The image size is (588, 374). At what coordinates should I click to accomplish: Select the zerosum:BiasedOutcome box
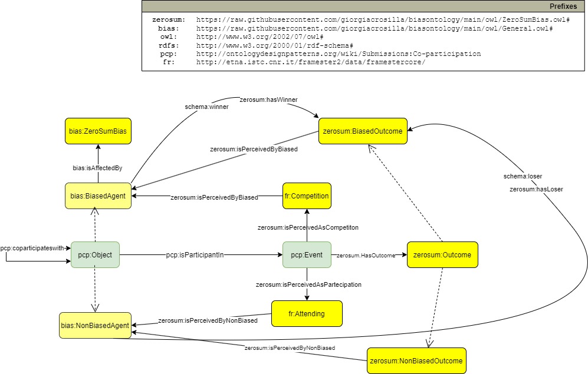click(363, 132)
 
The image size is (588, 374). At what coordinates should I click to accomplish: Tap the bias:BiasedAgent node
click(98, 196)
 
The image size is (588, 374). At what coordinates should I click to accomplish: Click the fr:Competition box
click(307, 196)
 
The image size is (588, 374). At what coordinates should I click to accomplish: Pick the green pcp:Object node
click(95, 255)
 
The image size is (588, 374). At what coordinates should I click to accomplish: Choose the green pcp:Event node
click(307, 255)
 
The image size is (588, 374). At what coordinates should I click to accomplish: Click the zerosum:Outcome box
click(442, 255)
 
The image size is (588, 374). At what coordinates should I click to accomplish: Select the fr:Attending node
click(307, 313)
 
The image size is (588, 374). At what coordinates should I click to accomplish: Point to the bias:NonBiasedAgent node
click(94, 325)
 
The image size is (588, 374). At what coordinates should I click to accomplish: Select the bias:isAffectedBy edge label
click(97, 168)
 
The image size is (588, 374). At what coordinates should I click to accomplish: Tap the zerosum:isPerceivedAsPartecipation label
click(308, 284)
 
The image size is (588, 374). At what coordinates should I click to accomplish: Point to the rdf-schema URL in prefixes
click(274, 45)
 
